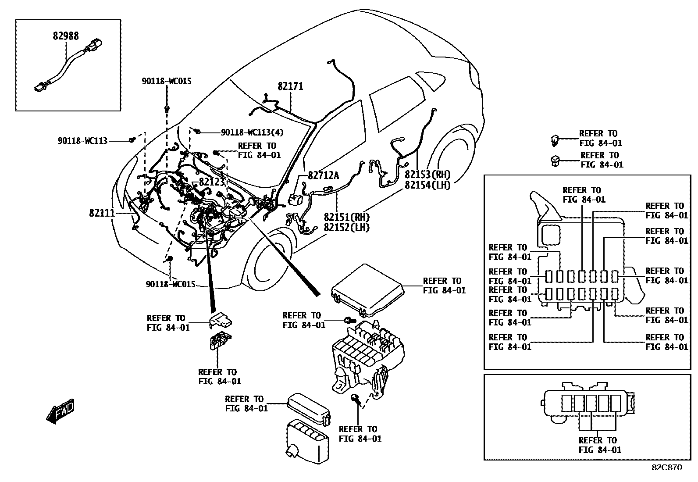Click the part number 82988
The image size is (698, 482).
click(x=66, y=36)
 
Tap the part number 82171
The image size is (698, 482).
click(x=290, y=86)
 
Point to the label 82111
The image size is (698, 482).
click(x=102, y=213)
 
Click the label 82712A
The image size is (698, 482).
click(x=324, y=175)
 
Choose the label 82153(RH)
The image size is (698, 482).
click(x=427, y=175)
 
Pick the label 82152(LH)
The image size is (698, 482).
click(x=347, y=228)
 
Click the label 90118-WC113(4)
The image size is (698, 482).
click(x=253, y=132)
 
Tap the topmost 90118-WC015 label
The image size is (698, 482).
click(x=167, y=81)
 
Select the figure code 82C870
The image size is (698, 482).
click(x=666, y=468)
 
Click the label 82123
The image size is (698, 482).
click(x=212, y=182)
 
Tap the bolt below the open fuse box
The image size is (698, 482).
click(x=356, y=399)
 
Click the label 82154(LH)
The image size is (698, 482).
click(x=427, y=185)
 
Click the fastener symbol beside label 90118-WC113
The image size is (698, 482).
click(x=132, y=140)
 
